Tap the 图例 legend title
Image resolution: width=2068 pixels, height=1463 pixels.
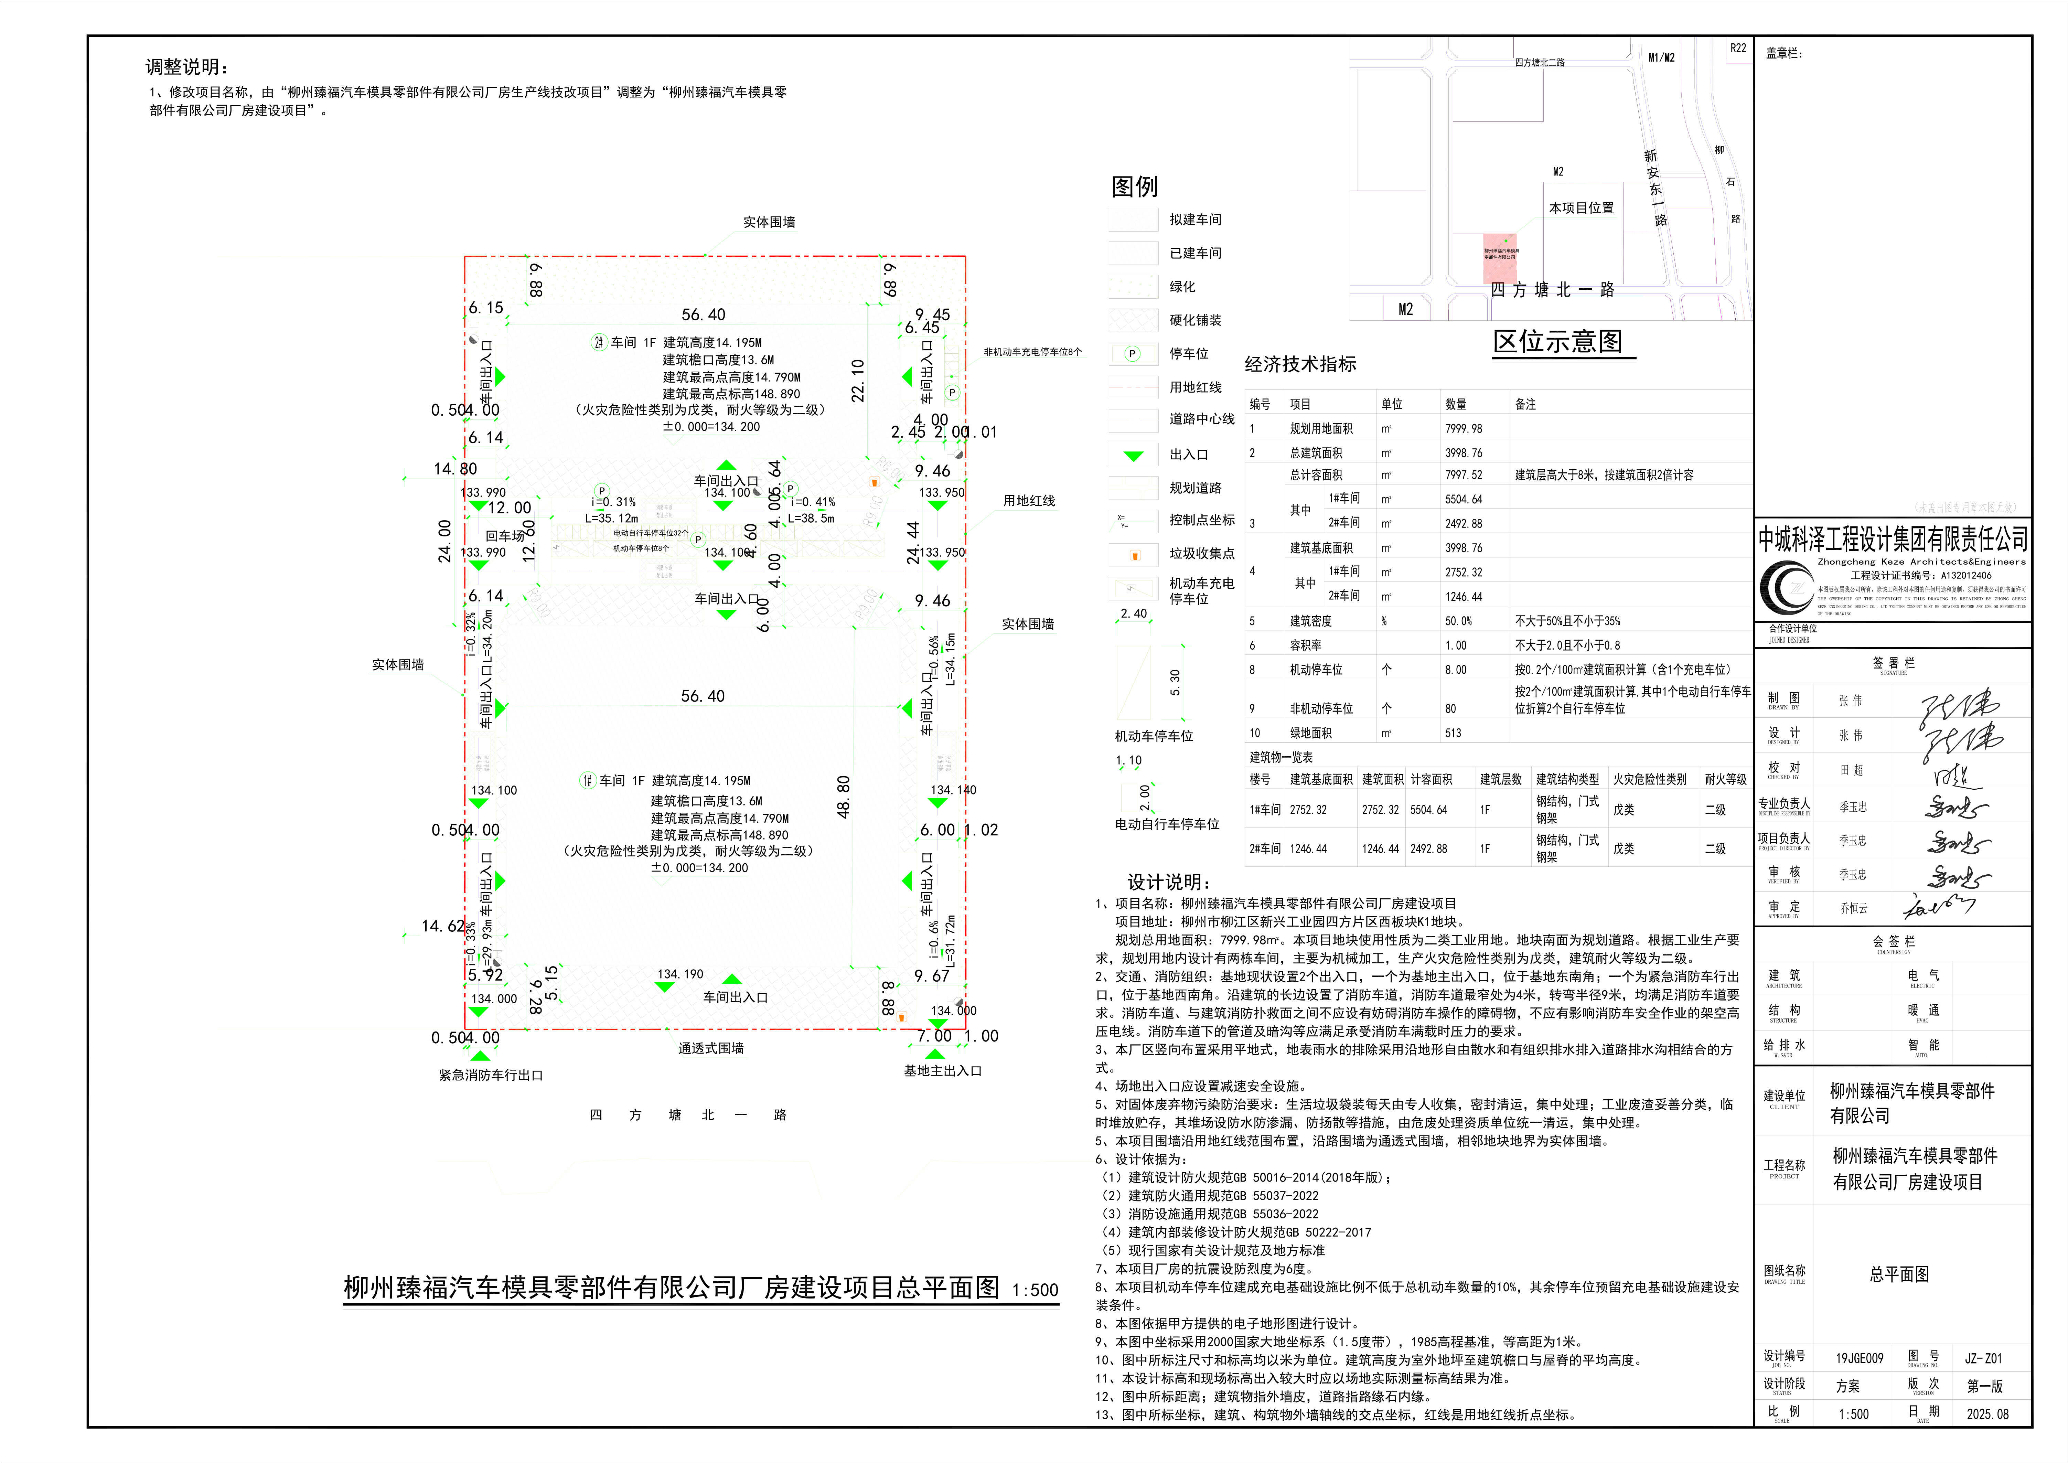tap(1134, 186)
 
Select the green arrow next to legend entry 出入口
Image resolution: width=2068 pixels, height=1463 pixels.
tap(1133, 456)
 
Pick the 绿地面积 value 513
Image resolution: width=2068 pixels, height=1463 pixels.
tap(1454, 733)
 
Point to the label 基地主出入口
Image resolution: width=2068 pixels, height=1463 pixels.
tap(942, 1071)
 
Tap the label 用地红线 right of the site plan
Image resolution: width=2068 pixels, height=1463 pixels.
tap(1029, 501)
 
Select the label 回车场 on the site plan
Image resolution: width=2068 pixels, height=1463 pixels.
tap(504, 536)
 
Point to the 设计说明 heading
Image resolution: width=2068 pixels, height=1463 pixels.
tap(1168, 883)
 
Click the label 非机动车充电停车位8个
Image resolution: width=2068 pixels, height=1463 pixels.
tap(1032, 352)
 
